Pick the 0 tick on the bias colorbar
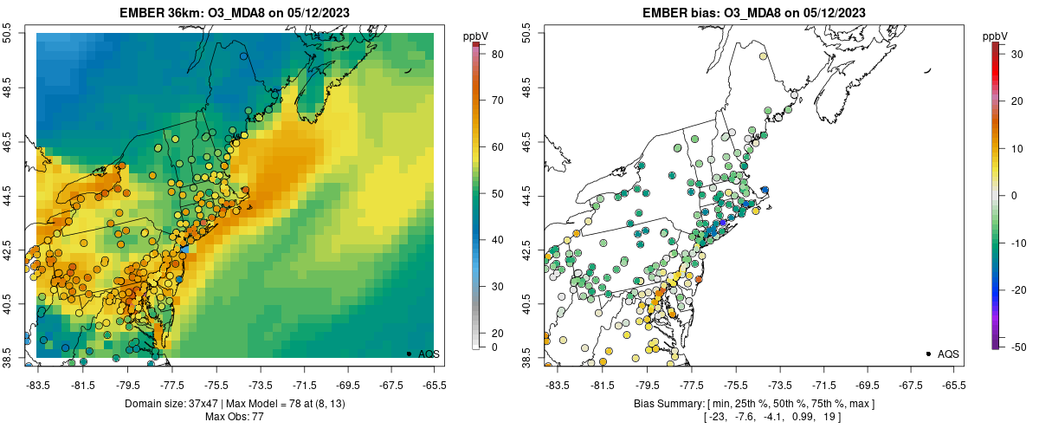coord(1007,195)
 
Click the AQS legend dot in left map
coord(409,354)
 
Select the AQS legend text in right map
coord(949,354)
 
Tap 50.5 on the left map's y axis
coord(9,33)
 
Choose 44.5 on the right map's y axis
coord(526,197)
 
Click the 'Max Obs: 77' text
coord(235,417)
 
